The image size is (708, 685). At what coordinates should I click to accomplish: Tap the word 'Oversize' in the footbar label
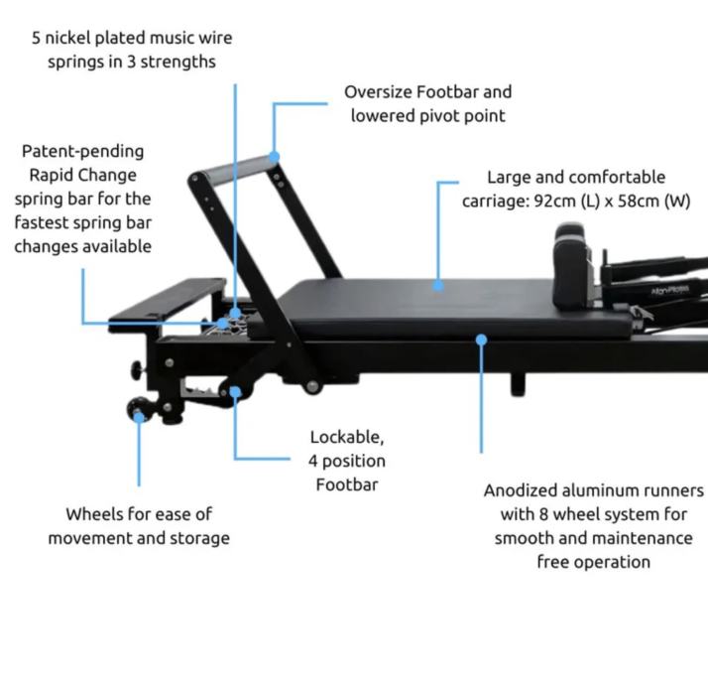(x=378, y=92)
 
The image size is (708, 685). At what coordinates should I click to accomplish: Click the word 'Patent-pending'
(x=82, y=152)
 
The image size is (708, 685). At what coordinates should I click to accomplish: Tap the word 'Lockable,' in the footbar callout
(x=346, y=437)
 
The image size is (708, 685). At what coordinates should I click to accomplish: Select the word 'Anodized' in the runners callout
(x=519, y=490)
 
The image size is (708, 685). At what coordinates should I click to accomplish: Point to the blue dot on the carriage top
(x=437, y=286)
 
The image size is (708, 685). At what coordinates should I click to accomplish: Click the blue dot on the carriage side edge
(x=481, y=340)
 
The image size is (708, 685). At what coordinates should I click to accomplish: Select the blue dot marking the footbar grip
(x=275, y=156)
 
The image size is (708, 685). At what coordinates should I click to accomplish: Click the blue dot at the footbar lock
(x=235, y=391)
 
